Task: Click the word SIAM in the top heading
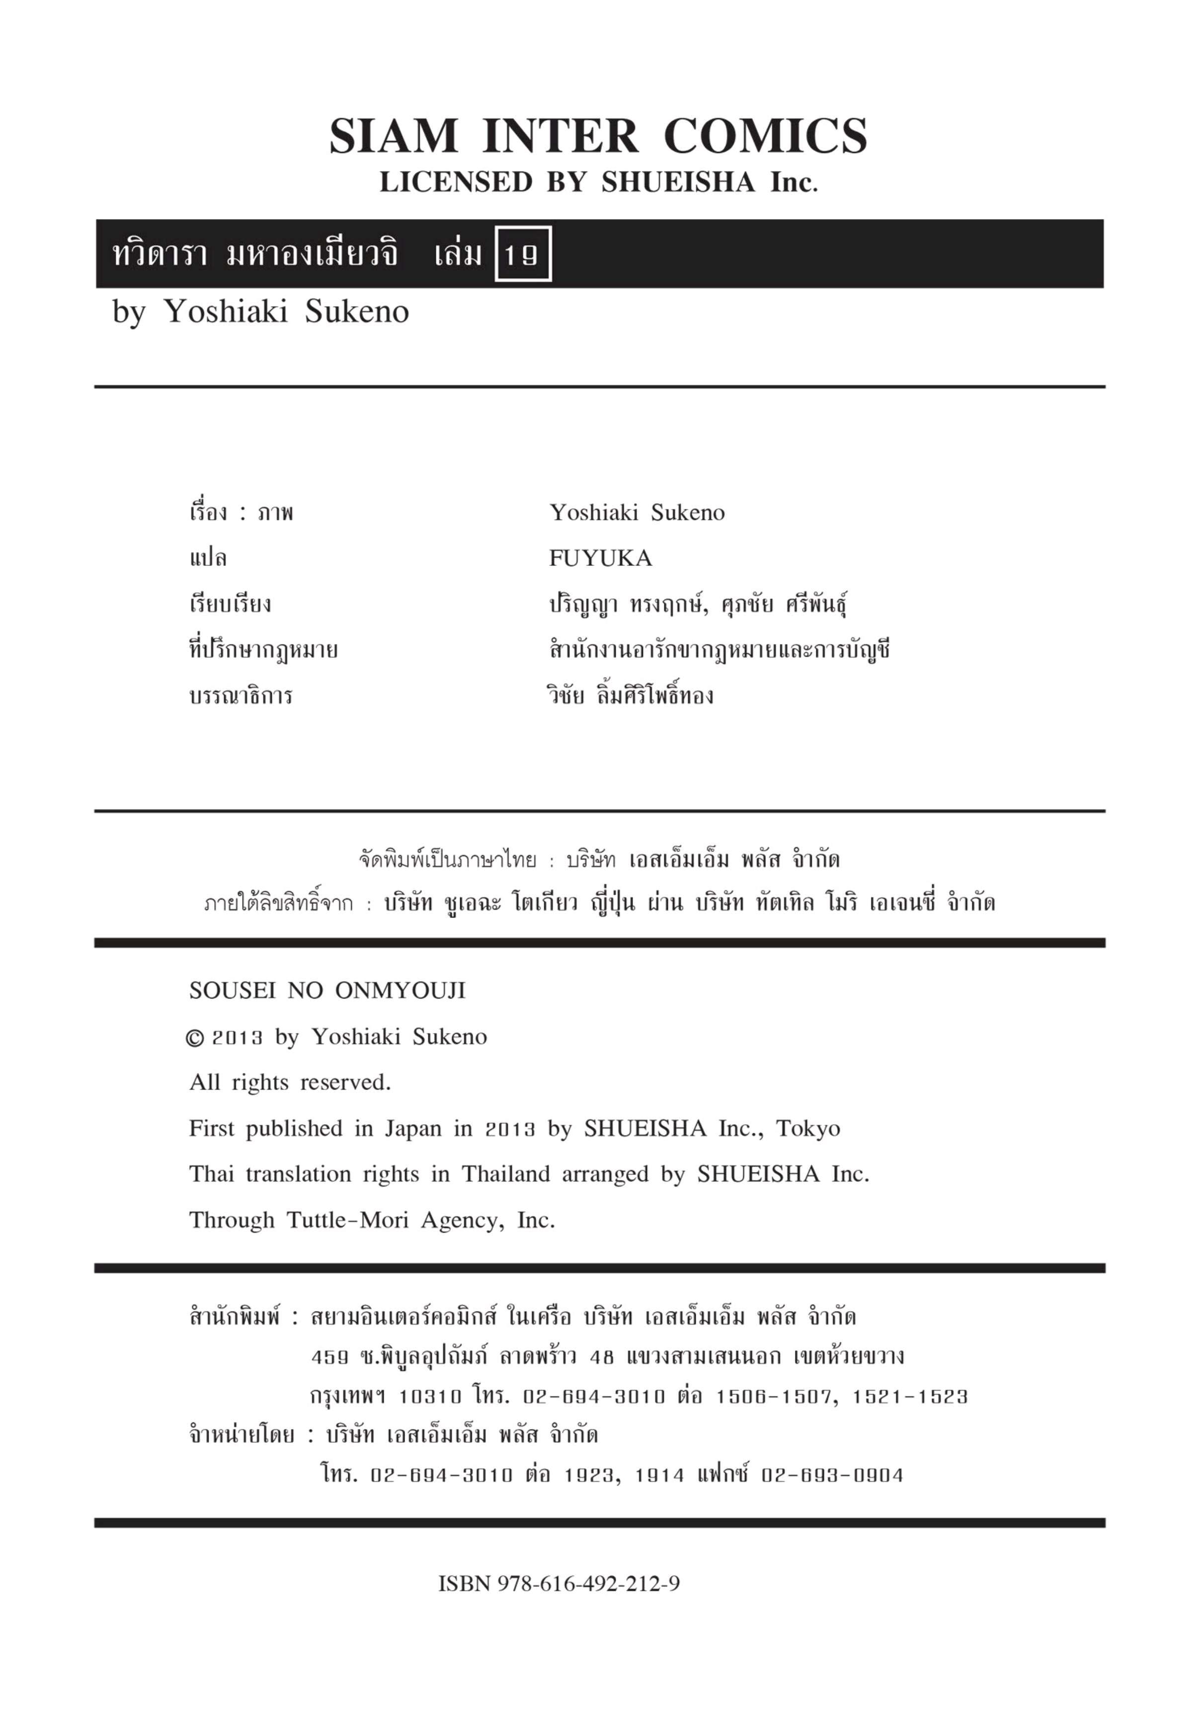pyautogui.click(x=393, y=137)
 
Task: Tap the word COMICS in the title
pyautogui.click(x=765, y=137)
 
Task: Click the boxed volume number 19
pyautogui.click(x=523, y=254)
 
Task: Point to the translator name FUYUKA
pyautogui.click(x=600, y=558)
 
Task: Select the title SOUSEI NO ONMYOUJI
pyautogui.click(x=327, y=991)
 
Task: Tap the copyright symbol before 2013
pyautogui.click(x=194, y=1038)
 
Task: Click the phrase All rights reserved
pyautogui.click(x=290, y=1082)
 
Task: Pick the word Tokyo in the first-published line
pyautogui.click(x=807, y=1128)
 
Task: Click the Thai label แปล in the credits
pyautogui.click(x=208, y=558)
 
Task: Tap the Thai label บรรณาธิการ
pyautogui.click(x=240, y=697)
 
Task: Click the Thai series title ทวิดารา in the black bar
pyautogui.click(x=160, y=254)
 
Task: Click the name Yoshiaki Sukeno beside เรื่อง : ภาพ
pyautogui.click(x=637, y=512)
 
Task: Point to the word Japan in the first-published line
pyautogui.click(x=412, y=1128)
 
